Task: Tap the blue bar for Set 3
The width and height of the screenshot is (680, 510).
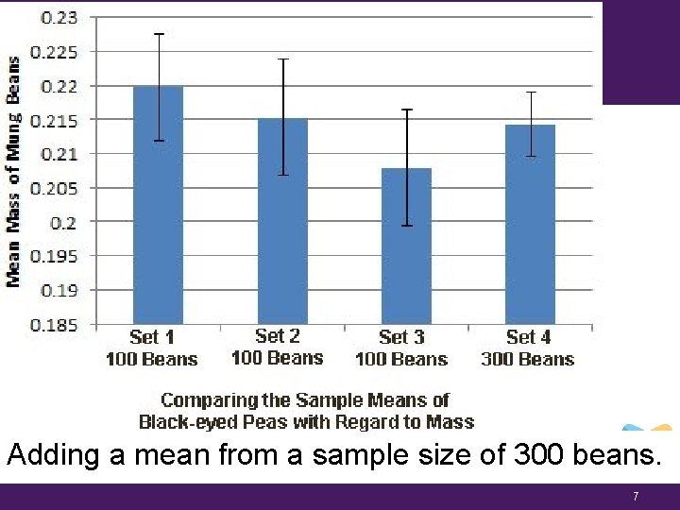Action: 406,246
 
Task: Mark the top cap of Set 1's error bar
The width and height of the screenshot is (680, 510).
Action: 159,34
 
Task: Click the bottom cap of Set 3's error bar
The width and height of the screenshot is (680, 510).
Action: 406,226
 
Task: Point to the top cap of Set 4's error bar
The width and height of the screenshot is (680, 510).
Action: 531,93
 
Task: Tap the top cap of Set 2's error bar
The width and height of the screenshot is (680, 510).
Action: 282,59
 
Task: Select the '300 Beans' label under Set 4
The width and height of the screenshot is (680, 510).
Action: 527,359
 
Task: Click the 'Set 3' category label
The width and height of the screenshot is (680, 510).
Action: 401,337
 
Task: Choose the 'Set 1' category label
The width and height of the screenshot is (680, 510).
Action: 152,337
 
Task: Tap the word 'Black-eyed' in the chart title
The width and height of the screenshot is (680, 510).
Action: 184,422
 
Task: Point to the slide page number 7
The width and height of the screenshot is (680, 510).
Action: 636,496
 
